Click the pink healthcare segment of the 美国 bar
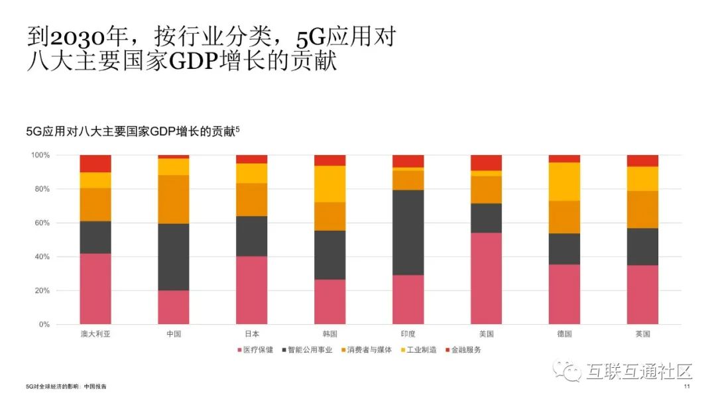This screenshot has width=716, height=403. [x=486, y=278]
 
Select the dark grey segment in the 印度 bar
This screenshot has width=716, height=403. [x=408, y=233]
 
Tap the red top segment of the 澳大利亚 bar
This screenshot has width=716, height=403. [x=95, y=164]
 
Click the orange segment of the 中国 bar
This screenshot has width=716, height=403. [x=173, y=200]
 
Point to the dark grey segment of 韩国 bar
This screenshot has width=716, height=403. [x=329, y=255]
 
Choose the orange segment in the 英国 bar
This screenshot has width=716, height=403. [x=642, y=209]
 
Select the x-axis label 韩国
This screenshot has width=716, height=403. [x=329, y=334]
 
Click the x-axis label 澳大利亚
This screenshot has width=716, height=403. [x=95, y=334]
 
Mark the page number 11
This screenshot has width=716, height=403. [x=687, y=386]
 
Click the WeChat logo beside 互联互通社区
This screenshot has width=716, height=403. [x=569, y=372]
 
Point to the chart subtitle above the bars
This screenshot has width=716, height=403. [x=132, y=131]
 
